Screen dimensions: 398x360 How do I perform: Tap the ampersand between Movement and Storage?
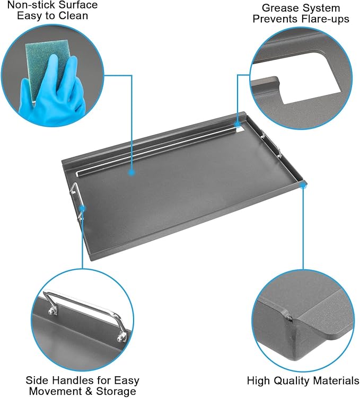click(x=87, y=391)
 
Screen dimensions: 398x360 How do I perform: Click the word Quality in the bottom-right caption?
click(x=289, y=381)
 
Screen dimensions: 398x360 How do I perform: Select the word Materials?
click(x=333, y=381)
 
